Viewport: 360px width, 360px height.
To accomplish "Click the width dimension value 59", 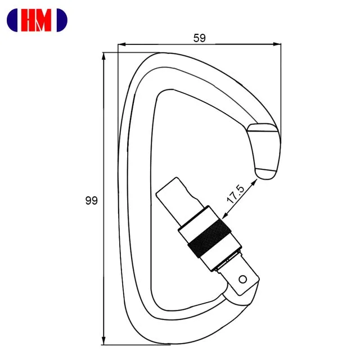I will click(199, 38).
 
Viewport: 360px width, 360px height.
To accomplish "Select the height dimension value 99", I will click(91, 200).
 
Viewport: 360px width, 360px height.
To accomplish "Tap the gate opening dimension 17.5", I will click(235, 194).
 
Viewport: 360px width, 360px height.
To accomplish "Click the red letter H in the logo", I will click(29, 20).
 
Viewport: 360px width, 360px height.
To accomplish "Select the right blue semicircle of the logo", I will click(62, 20).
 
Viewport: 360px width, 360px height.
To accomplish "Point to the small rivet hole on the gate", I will click(242, 278).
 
